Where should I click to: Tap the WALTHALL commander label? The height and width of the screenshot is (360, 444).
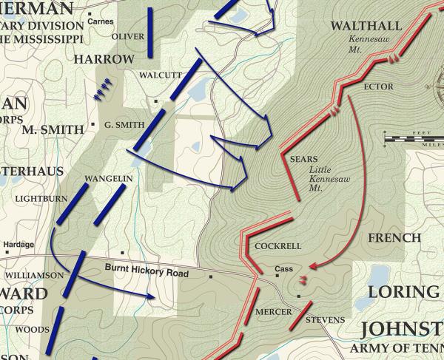click(x=366, y=27)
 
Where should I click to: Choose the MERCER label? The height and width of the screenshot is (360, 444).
click(x=273, y=312)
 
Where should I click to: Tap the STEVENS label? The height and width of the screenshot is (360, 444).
click(x=325, y=319)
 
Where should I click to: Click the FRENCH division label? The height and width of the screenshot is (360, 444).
click(x=394, y=239)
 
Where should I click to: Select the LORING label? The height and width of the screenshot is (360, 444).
click(x=404, y=291)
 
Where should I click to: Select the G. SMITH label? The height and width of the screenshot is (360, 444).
click(x=124, y=124)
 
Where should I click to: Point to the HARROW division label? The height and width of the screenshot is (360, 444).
click(x=104, y=58)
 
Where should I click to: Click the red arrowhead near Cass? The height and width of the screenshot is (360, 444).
click(x=314, y=265)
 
